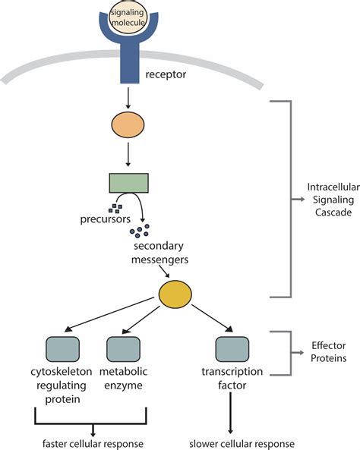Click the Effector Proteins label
tap(327, 351)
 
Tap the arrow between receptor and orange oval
tap(128, 98)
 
